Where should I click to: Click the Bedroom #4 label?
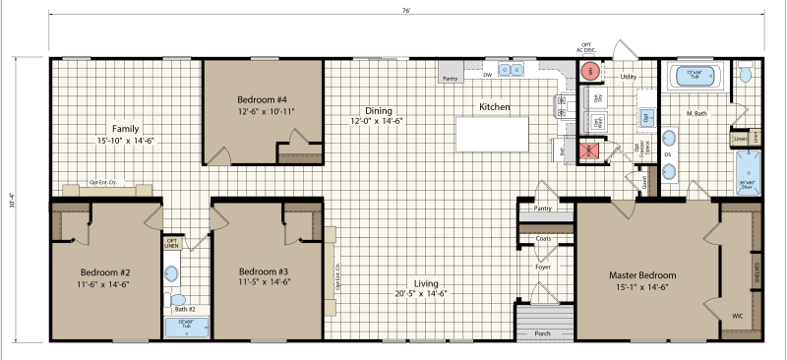pos(262,99)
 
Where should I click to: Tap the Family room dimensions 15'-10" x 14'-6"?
pos(126,142)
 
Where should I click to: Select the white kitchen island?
pos(492,133)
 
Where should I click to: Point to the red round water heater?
pos(590,71)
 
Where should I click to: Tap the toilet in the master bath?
pos(746,74)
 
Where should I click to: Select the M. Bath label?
pos(696,113)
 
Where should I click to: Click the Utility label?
pos(630,75)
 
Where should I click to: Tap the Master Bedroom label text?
pos(642,275)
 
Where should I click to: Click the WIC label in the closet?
pos(738,316)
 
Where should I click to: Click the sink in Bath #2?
pos(172,273)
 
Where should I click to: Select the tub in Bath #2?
pos(184,326)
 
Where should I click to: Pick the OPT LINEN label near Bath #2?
pos(172,242)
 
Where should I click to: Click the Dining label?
pos(378,110)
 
